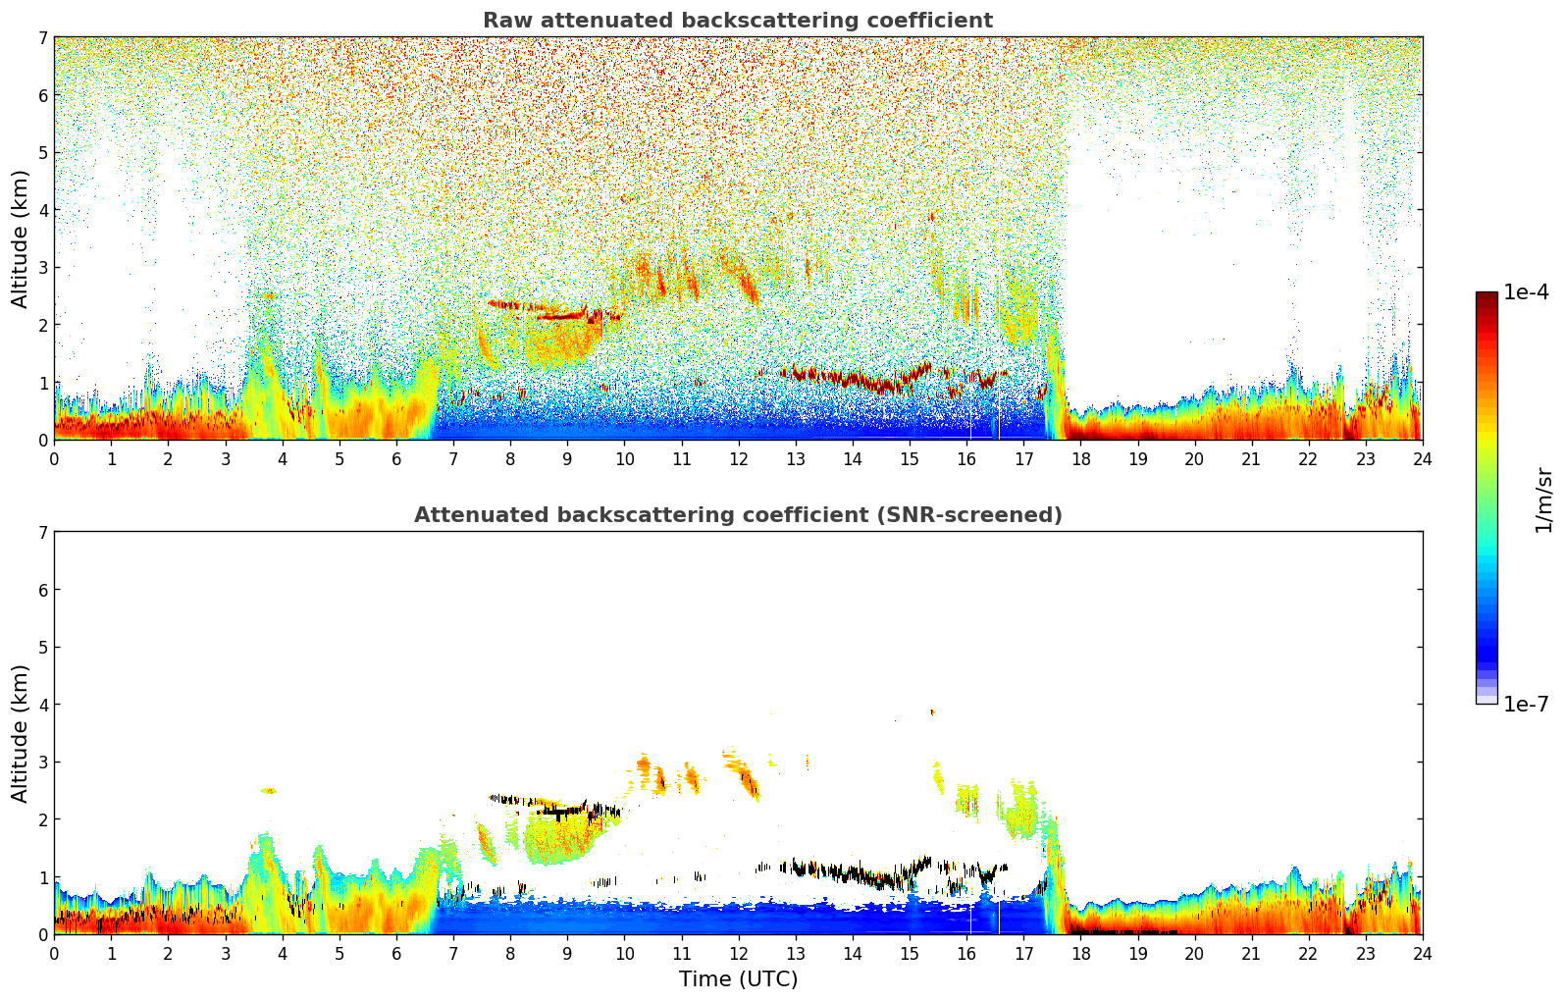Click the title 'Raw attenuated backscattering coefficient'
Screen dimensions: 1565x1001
(x=738, y=21)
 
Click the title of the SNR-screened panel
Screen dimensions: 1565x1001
(x=738, y=514)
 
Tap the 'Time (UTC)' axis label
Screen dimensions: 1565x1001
(x=738, y=978)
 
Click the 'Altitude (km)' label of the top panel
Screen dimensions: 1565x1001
(x=20, y=239)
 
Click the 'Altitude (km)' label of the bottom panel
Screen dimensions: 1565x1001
(x=20, y=733)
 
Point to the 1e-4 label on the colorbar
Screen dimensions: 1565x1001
(x=1526, y=292)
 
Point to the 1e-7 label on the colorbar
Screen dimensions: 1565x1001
(x=1526, y=704)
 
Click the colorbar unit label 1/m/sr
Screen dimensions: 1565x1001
(x=1543, y=500)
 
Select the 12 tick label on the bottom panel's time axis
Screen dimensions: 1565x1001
(x=739, y=954)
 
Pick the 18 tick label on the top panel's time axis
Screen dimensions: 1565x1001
(x=1081, y=459)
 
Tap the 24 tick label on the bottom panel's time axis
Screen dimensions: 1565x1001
(x=1423, y=954)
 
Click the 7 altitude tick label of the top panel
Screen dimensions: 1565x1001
(x=43, y=37)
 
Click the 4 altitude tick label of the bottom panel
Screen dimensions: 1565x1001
(x=43, y=705)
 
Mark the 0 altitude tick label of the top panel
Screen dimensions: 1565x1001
(x=43, y=441)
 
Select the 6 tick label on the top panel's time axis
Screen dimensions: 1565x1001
(x=396, y=459)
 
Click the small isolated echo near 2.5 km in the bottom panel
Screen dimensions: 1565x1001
(x=269, y=791)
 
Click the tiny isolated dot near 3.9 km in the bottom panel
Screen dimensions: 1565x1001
(x=932, y=712)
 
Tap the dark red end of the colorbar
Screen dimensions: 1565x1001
(x=1487, y=295)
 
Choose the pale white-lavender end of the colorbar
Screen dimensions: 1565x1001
(x=1487, y=700)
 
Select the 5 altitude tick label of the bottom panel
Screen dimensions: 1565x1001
(x=43, y=648)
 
